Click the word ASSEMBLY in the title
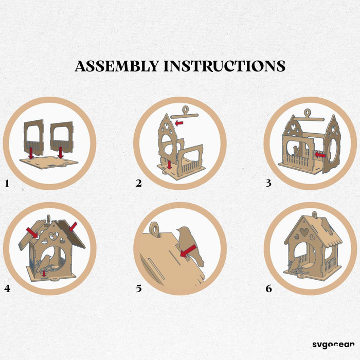point(117,66)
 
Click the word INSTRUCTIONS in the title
point(225,66)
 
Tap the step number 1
point(7,184)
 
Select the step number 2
point(138,184)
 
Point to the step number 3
point(268,184)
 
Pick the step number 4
point(7,289)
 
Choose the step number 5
point(139,289)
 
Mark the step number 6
point(268,289)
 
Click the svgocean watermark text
point(333,345)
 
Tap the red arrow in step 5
point(188,251)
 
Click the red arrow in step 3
point(320,155)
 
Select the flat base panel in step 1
point(49,163)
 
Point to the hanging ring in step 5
point(155,228)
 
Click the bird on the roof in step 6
point(327,226)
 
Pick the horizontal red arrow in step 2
point(179,123)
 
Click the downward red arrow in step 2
point(169,165)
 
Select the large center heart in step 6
point(304,232)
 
